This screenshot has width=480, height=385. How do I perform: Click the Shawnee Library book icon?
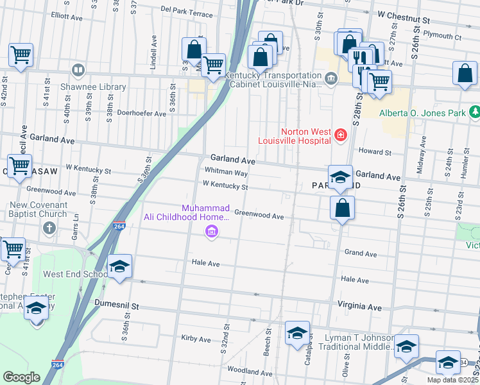click(x=78, y=70)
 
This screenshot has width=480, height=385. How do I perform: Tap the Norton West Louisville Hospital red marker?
click(x=340, y=135)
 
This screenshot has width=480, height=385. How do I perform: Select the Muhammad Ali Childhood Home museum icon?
click(x=210, y=232)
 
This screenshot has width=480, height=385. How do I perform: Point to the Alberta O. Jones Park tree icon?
click(x=475, y=113)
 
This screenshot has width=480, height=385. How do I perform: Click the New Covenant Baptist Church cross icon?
click(x=49, y=228)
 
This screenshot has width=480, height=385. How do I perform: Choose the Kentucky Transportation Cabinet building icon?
click(x=330, y=80)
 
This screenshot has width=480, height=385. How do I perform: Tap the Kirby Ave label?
click(x=196, y=339)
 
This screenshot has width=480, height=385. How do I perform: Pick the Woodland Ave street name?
click(x=250, y=371)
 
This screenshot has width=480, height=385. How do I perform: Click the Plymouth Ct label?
click(x=445, y=37)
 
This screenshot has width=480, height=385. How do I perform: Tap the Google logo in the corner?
click(x=21, y=377)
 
